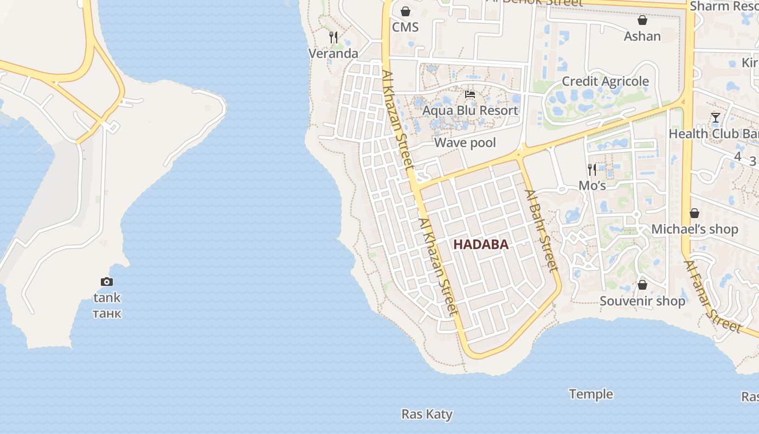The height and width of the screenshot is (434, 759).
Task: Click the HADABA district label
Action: [x=481, y=245]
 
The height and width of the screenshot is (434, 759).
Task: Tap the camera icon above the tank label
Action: [x=107, y=282]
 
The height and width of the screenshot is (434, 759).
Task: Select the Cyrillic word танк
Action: [x=107, y=314]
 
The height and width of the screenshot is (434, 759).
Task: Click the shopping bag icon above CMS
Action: [x=406, y=11]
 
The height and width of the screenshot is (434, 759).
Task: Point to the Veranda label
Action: [x=333, y=53]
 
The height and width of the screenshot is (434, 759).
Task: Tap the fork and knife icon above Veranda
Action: [x=333, y=37]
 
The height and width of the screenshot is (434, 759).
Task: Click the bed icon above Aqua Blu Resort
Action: [x=470, y=94]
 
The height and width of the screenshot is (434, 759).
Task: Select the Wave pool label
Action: [x=465, y=143]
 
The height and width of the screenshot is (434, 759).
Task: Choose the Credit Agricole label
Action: [x=605, y=81]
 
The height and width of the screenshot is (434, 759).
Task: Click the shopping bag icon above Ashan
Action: [x=642, y=20]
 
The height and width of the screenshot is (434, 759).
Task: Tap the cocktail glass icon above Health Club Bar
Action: [x=715, y=118]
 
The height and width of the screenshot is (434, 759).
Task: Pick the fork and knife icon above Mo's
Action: [x=592, y=169]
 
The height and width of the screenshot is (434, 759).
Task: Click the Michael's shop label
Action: [x=694, y=229]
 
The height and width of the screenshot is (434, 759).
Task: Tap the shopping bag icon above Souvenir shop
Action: [x=642, y=285]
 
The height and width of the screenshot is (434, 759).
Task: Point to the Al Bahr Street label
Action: [x=541, y=231]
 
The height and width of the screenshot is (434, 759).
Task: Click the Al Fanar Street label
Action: [x=712, y=297]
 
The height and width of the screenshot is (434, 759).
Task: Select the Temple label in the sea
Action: [x=591, y=394]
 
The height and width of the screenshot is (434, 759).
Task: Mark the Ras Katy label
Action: [x=427, y=414]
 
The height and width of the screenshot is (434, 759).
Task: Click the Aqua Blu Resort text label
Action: [x=470, y=111]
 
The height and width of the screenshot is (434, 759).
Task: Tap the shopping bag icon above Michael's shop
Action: [x=694, y=213]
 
